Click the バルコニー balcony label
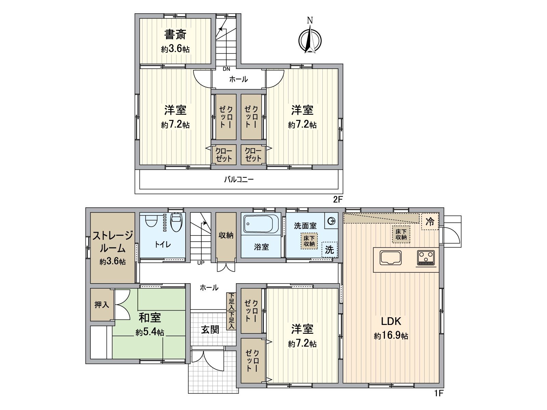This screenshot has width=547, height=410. [x=239, y=179]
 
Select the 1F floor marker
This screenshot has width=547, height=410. [x=439, y=393]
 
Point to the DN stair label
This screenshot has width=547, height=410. [x=226, y=69]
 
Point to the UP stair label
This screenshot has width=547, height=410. [x=201, y=263]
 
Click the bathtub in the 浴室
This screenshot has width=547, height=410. [x=262, y=224]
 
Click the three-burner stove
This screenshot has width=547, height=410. [x=426, y=258]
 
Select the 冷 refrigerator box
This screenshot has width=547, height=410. [x=430, y=222]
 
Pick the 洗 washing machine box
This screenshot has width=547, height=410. [x=329, y=249]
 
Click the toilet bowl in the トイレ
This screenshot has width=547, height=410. [x=176, y=223]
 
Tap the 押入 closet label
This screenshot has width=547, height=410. [x=102, y=304]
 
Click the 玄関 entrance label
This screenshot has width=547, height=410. [x=210, y=330]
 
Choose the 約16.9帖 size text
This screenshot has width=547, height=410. [x=391, y=336]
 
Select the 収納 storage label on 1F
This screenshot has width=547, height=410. [x=226, y=235]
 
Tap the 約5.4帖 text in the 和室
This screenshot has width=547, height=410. [x=149, y=332]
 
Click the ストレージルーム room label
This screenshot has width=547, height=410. [x=112, y=242]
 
